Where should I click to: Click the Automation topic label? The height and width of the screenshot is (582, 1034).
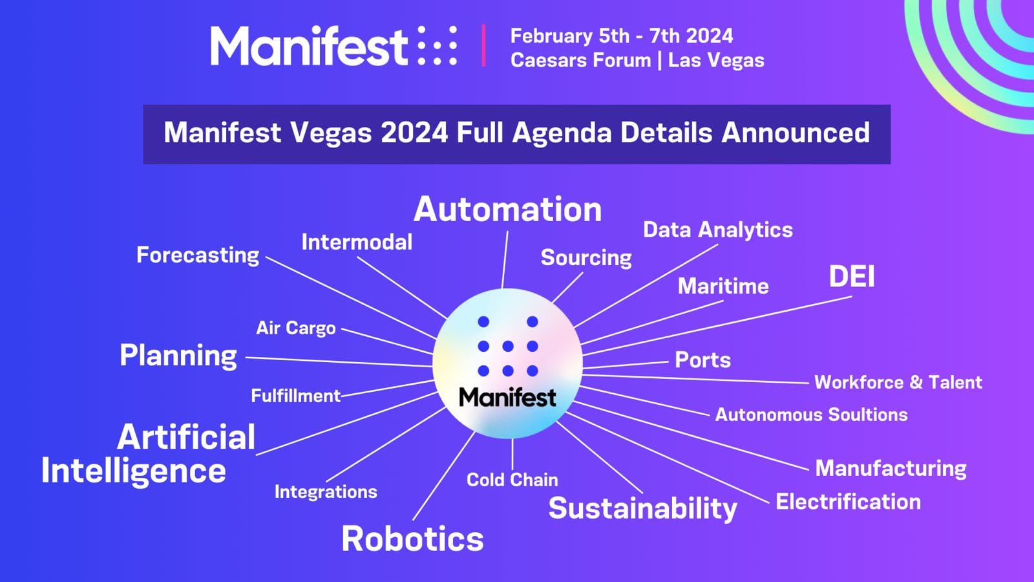pos(508,210)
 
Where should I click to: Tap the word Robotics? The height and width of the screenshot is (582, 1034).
pos(413,539)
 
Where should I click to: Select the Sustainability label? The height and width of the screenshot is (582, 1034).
pos(642,508)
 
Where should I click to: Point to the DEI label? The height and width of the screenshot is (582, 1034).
pos(852,276)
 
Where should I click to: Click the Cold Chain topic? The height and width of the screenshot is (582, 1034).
pos(512,479)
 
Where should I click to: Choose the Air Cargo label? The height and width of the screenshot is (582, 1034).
pos(296,328)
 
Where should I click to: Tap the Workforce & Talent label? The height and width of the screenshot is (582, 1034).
pos(898,382)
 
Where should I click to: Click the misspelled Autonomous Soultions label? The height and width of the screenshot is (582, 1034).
pos(812,415)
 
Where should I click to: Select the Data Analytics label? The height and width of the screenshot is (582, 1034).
pos(718,230)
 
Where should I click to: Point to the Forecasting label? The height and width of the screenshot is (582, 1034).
pos(198,255)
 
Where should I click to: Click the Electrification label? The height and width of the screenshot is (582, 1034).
pos(849,502)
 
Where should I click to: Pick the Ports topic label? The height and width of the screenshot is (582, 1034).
pos(703,360)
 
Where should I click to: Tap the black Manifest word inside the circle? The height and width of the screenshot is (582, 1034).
pos(507,397)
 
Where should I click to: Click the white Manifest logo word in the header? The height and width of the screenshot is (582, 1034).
pos(309,46)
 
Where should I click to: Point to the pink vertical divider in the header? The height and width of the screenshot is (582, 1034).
pos(483,45)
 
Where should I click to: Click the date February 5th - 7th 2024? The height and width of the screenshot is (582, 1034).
pos(622,36)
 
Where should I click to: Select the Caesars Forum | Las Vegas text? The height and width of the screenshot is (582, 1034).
pos(637,60)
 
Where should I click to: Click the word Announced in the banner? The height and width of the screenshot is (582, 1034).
pos(796,133)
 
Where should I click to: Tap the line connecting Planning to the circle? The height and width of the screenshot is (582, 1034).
pos(339,361)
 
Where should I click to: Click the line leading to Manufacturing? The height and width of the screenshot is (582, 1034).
pos(691,436)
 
